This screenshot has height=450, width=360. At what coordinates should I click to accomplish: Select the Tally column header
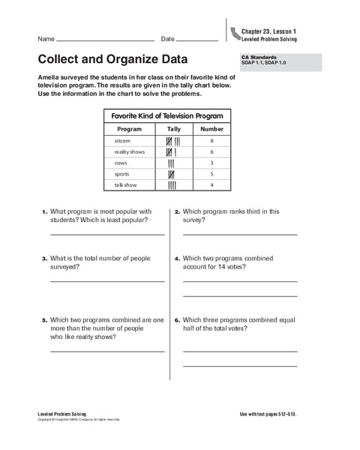[x=173, y=129]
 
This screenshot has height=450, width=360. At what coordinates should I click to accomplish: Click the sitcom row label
[x=123, y=140]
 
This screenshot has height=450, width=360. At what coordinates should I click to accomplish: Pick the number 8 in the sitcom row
[x=212, y=140]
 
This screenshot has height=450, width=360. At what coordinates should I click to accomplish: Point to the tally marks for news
[x=172, y=163]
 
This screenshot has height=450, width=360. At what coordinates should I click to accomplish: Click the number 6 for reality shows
[x=212, y=151]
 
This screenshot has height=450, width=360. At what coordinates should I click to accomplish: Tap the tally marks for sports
[x=172, y=174]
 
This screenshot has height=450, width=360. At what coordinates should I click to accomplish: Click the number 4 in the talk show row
[x=212, y=184]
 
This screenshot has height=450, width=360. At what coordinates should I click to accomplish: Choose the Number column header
[x=212, y=129]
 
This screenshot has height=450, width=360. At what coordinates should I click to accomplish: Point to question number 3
[x=45, y=259]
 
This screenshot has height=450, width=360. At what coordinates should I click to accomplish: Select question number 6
[x=177, y=320]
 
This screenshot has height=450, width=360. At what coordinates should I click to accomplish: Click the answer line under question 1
[x=106, y=235]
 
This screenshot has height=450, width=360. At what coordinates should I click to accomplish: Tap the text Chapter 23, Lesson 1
[x=269, y=30]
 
